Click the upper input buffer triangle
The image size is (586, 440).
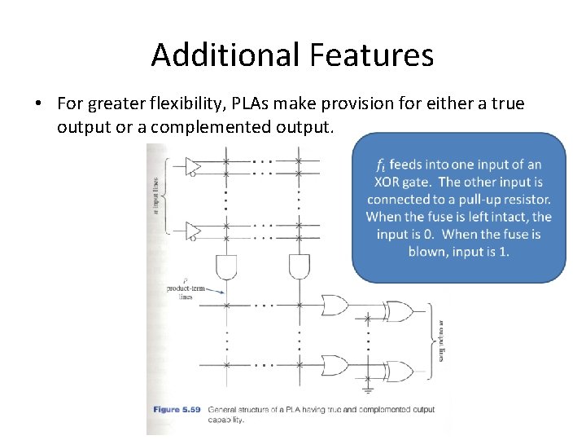tap(194, 167)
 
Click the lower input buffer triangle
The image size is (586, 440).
tap(194, 231)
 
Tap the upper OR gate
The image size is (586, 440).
tap(333, 306)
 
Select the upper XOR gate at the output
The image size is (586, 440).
tap(399, 310)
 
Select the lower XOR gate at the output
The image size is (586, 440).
tap(399, 368)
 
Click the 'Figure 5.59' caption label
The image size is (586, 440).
tap(178, 410)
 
